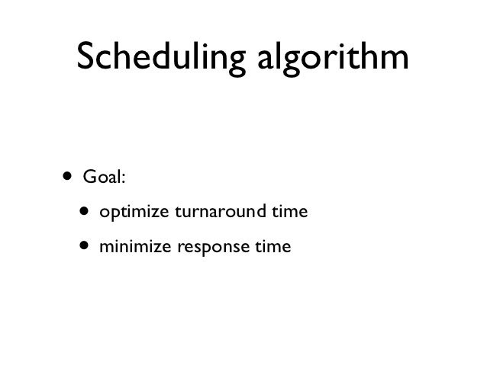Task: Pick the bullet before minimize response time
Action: (82, 247)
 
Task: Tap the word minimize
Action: (126, 247)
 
